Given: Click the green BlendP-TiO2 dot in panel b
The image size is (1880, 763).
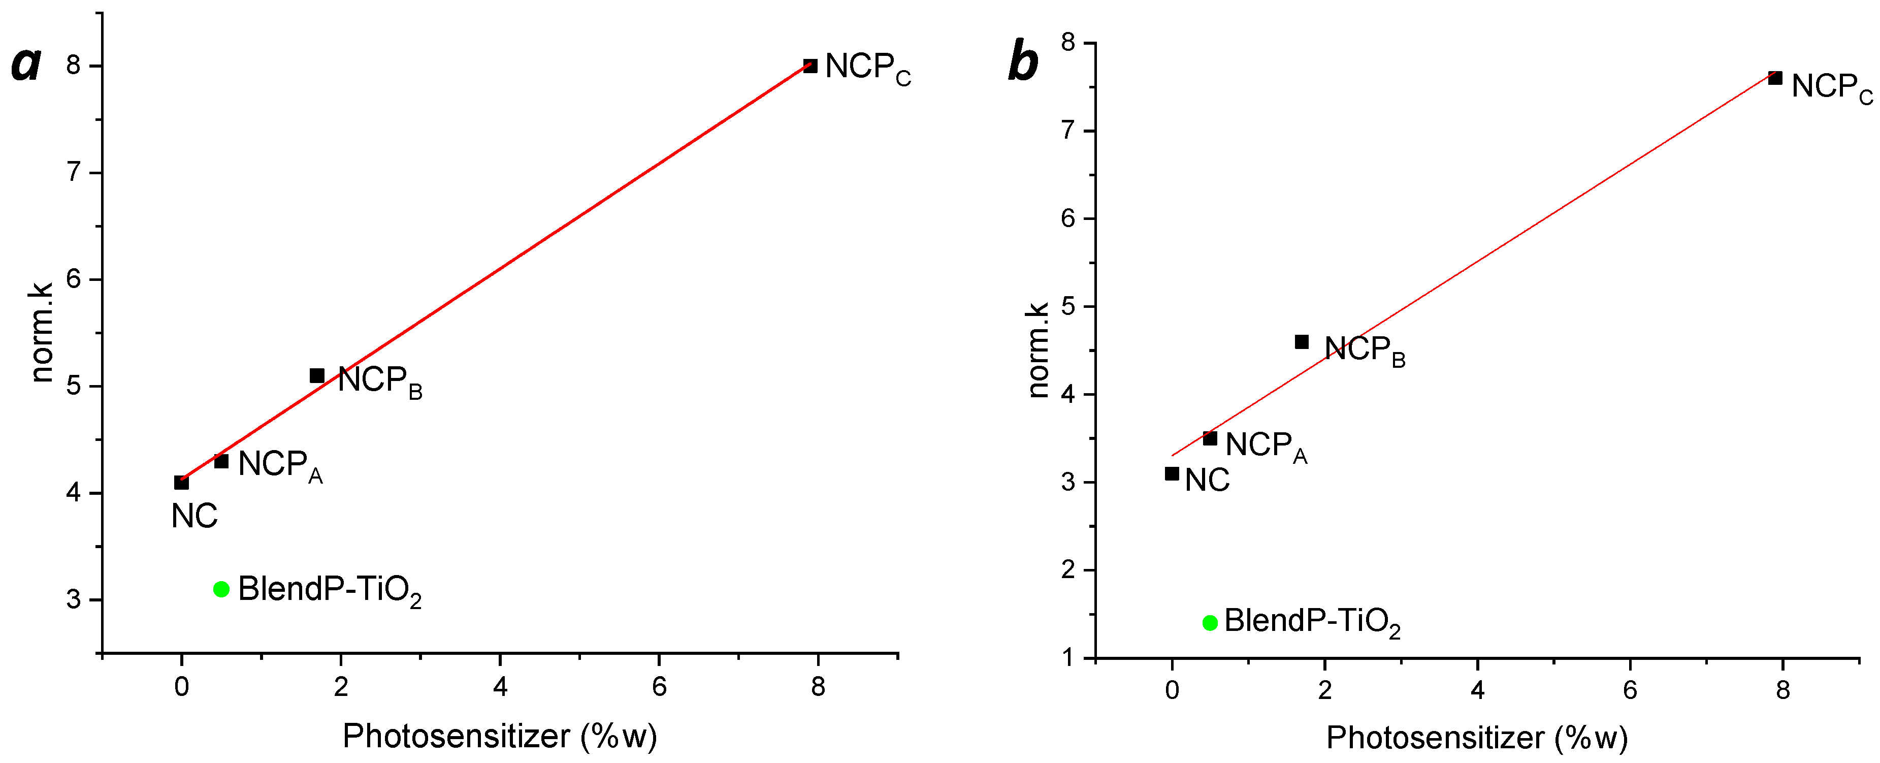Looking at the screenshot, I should click(1210, 623).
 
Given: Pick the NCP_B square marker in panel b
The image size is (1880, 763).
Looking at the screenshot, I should click(1301, 342).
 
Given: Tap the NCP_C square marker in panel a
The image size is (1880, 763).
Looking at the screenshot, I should click(810, 66).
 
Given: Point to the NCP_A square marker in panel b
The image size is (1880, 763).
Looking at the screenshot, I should click(1210, 438).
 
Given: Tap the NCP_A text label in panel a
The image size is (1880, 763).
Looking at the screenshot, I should click(279, 465).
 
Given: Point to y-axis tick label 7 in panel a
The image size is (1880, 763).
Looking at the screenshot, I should click(73, 172).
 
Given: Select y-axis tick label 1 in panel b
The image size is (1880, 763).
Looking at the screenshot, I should click(1068, 658).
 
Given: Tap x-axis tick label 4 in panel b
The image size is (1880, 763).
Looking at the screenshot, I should click(1477, 690).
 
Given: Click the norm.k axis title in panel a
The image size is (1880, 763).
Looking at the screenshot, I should click(42, 332).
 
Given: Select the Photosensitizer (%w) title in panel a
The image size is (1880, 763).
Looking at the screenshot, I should click(500, 736).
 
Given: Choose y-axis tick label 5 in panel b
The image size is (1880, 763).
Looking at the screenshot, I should click(1068, 307).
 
